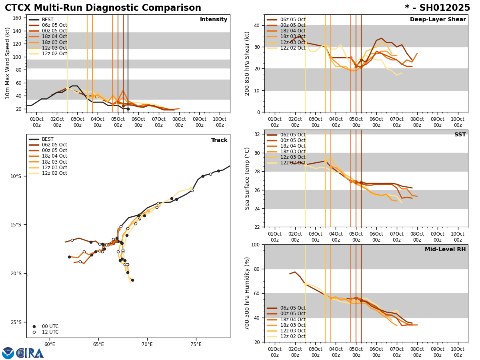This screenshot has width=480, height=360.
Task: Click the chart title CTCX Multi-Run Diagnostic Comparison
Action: [103, 8]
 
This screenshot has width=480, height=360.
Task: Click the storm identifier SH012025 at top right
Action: [437, 8]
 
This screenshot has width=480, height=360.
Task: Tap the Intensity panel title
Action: [214, 20]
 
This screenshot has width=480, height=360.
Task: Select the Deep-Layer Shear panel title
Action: [438, 20]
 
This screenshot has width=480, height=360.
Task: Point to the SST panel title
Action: [460, 135]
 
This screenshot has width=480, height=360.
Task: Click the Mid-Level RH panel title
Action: [445, 250]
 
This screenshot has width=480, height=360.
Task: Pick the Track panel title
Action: [219, 140]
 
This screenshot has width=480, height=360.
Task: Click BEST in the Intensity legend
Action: [48, 20]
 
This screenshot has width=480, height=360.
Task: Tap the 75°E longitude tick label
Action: [196, 344]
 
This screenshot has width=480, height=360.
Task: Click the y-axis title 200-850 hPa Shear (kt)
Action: [247, 63]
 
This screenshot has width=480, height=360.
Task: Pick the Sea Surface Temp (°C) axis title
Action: [247, 178]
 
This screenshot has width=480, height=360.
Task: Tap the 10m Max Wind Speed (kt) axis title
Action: [8, 63]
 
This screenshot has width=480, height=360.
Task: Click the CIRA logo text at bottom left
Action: [30, 353]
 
